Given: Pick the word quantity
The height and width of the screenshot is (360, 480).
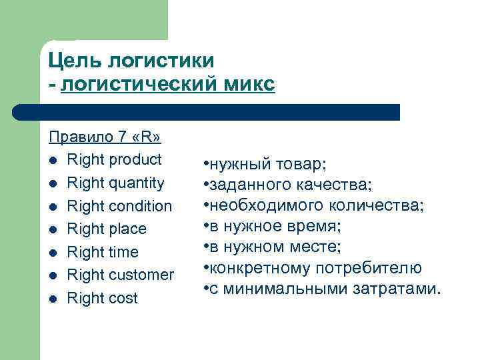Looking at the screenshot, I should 133,183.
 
